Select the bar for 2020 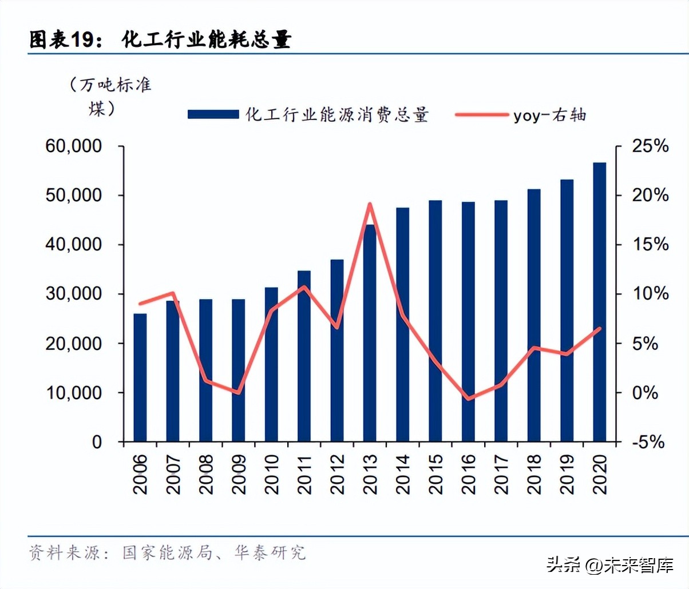point(599,302)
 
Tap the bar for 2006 point(140,377)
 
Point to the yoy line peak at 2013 point(370,204)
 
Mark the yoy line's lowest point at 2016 point(469,399)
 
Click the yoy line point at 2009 point(239,393)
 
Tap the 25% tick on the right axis point(650,146)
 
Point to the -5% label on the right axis point(648,442)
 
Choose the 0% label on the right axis point(645,393)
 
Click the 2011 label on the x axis point(304,474)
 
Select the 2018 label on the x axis point(534,474)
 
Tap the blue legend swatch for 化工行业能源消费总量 point(213,114)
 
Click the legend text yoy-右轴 point(549,115)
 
